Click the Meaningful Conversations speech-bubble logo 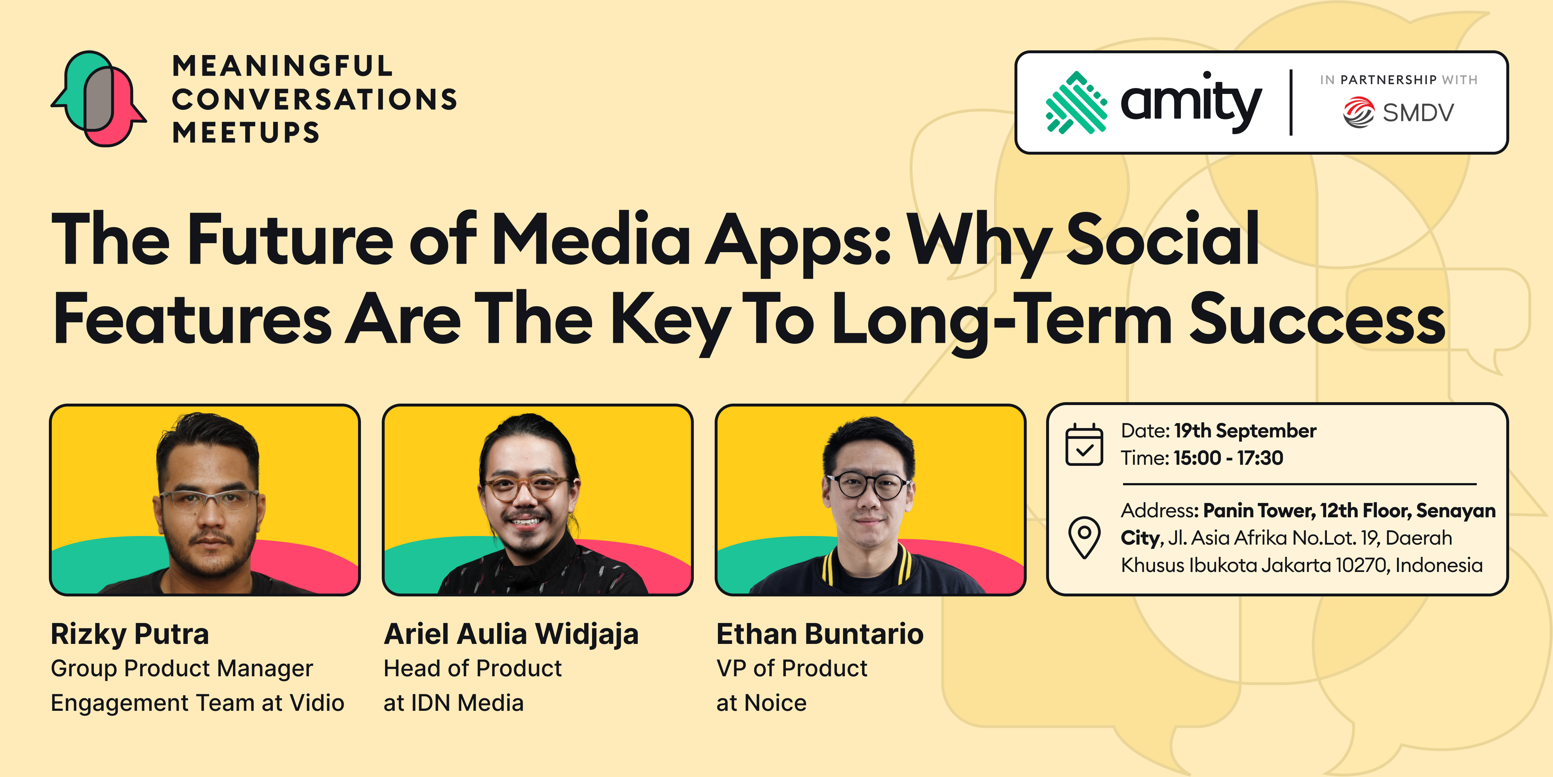click(98, 98)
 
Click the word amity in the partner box click(1191, 102)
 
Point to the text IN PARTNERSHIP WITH click(1399, 79)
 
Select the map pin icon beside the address click(1084, 537)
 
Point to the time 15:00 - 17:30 click(1228, 458)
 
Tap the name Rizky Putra click(130, 634)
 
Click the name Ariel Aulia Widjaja click(511, 634)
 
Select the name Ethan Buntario click(820, 634)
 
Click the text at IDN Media click(453, 703)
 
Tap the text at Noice click(761, 703)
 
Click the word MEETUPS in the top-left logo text click(246, 132)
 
